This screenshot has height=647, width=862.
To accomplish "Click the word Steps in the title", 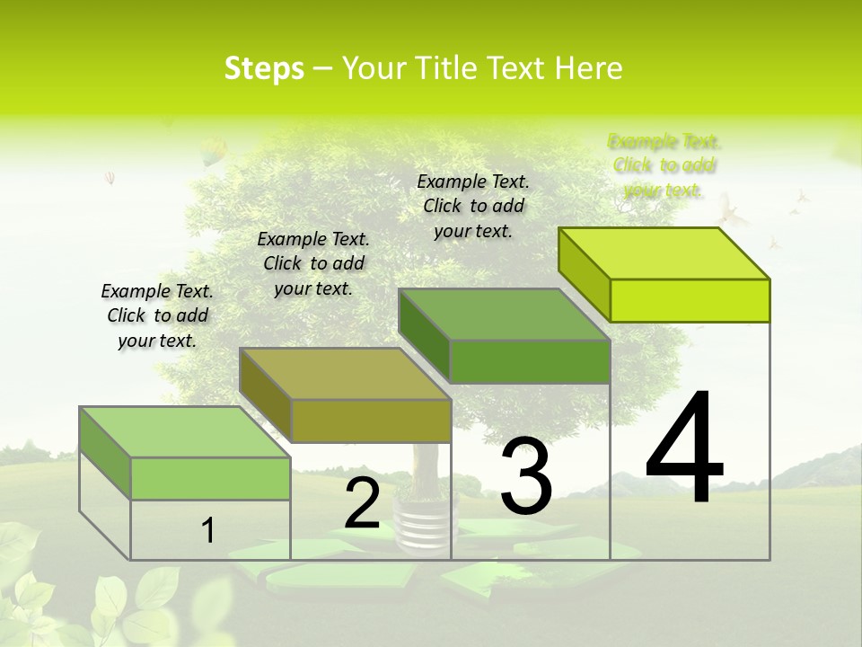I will (264, 68).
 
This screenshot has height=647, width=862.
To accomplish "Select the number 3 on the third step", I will (526, 476).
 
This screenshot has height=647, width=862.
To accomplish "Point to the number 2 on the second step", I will (362, 503).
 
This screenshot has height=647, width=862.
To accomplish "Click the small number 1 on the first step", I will (208, 531).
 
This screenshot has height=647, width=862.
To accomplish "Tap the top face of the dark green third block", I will (505, 315).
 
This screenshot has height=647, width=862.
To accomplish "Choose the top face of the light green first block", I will (184, 432).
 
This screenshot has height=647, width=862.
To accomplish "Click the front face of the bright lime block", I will (690, 300).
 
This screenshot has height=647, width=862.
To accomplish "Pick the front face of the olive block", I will (371, 421).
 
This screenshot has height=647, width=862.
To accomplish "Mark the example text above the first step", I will (157, 315).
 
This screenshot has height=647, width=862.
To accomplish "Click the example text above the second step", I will (313, 263).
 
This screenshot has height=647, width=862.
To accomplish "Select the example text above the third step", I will (473, 206).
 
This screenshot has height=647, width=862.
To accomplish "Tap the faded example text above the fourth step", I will (664, 165).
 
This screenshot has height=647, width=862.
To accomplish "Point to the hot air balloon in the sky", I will (212, 152).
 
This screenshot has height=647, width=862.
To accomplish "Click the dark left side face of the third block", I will (424, 335).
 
